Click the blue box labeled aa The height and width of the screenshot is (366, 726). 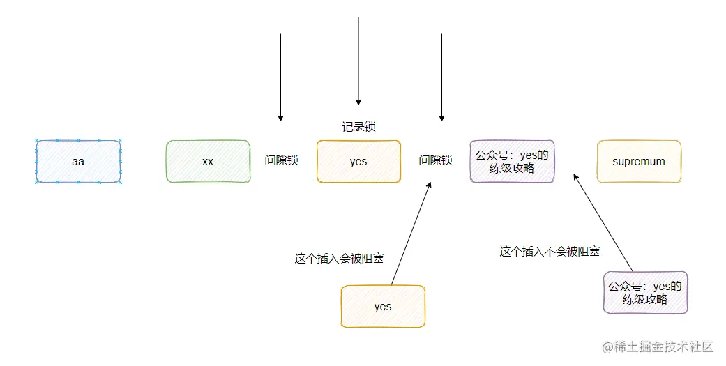(78, 162)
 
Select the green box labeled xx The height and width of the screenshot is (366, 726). (208, 162)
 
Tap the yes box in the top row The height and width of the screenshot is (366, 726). (358, 162)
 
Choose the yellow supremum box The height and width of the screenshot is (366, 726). (639, 162)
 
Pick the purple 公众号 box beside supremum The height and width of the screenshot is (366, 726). (512, 162)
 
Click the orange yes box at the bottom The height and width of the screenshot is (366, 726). (382, 307)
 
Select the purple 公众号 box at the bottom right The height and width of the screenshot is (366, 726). (645, 292)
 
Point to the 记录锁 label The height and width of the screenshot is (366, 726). (358, 127)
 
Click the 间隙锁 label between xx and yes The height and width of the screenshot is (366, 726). (281, 160)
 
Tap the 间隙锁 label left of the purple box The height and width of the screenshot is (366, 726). (435, 160)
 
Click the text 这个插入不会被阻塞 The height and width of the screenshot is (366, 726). (550, 252)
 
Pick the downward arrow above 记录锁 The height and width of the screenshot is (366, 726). (358, 63)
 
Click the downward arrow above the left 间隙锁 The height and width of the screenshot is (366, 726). (280, 77)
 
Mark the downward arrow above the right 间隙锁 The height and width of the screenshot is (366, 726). (441, 77)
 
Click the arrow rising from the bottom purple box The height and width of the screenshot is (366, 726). (603, 223)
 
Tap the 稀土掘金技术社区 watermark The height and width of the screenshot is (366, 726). (658, 346)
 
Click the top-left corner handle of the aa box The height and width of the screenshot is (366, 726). (36, 141)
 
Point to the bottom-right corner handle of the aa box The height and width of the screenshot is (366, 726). (121, 183)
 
